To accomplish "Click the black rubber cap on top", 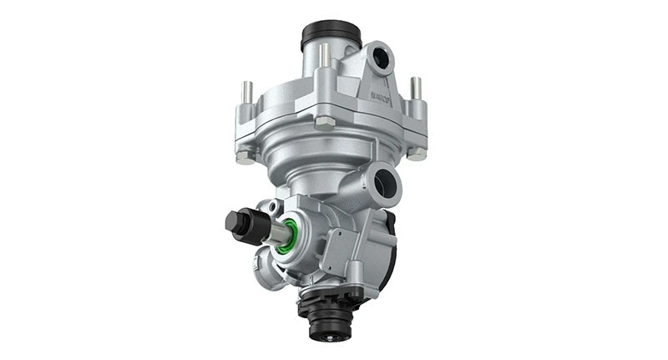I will (x=331, y=33).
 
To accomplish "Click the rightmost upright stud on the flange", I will (x=416, y=88).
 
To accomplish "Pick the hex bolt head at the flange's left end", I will (x=243, y=155).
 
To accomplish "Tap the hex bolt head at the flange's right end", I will (x=417, y=153).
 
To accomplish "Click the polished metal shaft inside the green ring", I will (x=277, y=233).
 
